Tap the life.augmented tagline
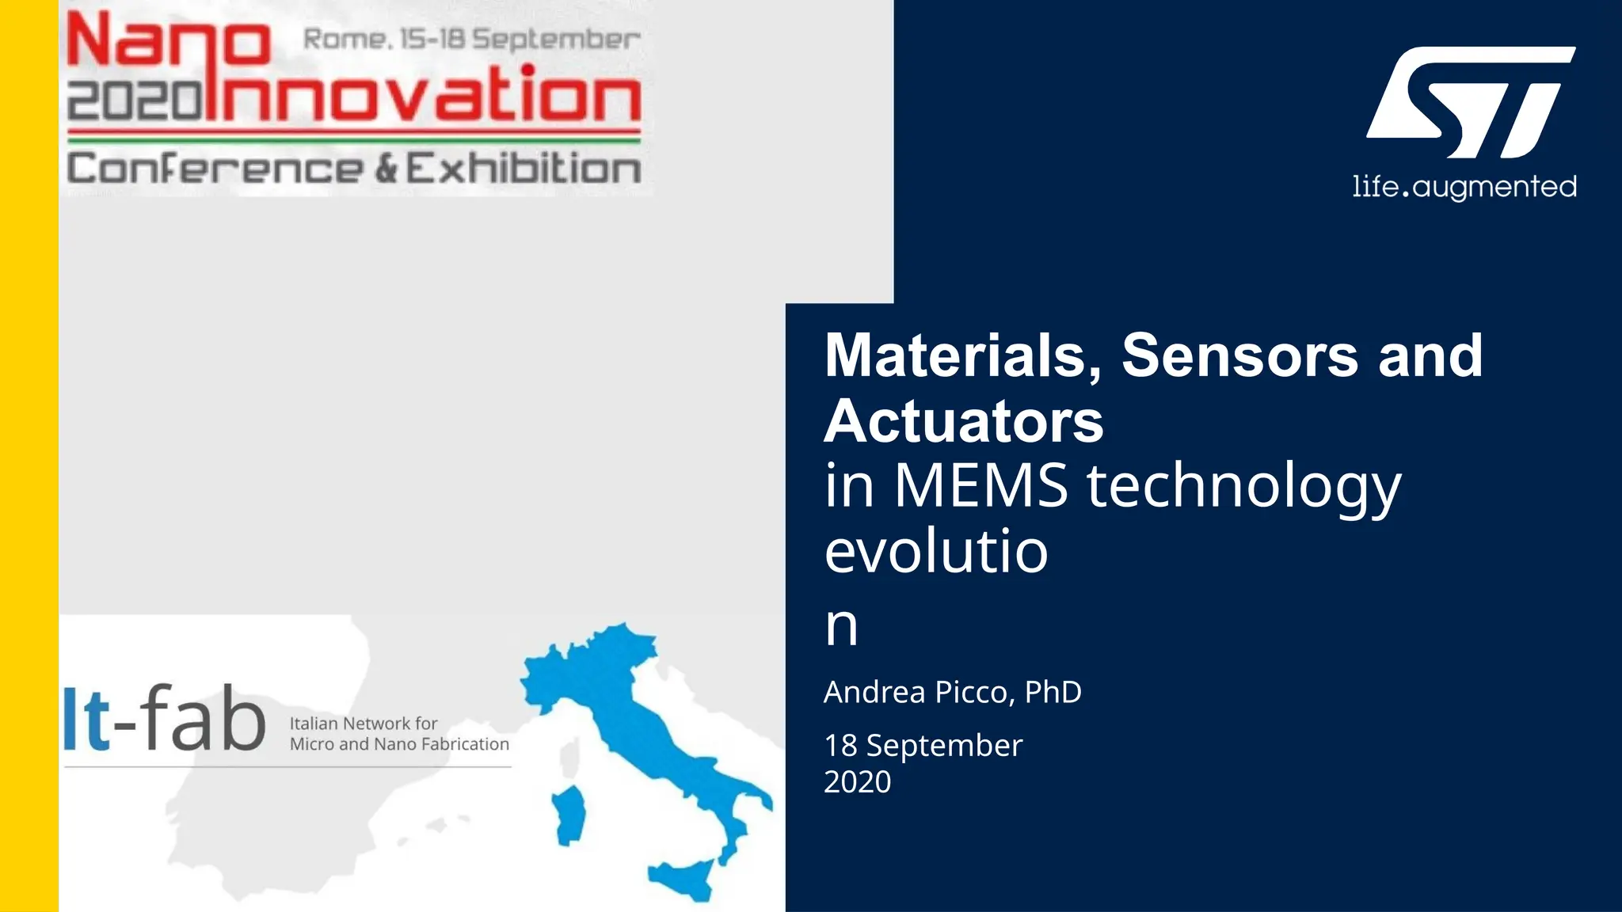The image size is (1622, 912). [1464, 188]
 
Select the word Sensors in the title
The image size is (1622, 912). [1240, 355]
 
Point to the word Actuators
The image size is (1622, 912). [964, 421]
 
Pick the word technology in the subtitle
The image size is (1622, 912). [1243, 487]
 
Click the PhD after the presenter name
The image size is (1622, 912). [1053, 692]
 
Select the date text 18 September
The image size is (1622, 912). [923, 746]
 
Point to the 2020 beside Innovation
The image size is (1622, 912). [135, 102]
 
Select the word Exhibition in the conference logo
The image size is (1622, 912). [524, 169]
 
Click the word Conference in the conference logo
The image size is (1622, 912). [215, 169]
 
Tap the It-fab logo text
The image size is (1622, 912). [165, 718]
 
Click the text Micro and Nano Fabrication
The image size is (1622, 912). [399, 744]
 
